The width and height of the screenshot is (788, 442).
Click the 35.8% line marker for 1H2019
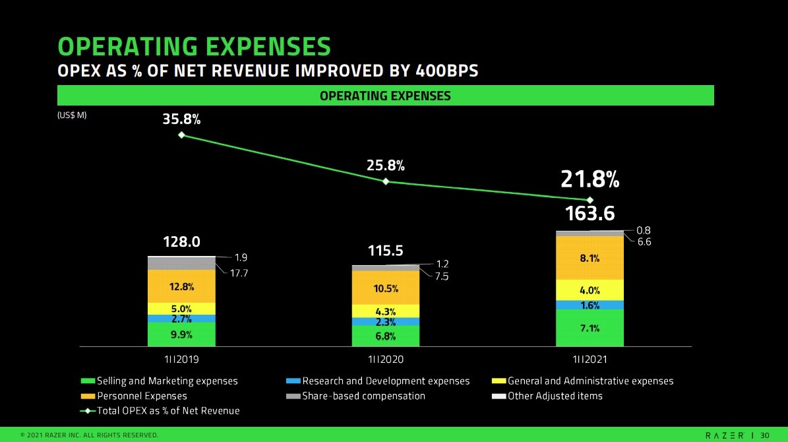click(x=181, y=135)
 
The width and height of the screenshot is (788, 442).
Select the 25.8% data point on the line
click(x=386, y=181)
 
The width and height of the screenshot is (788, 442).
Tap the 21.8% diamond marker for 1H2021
click(x=590, y=200)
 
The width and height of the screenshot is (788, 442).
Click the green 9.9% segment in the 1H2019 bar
click(x=181, y=334)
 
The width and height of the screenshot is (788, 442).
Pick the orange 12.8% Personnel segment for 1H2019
click(x=181, y=286)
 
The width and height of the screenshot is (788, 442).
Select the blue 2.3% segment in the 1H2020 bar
click(x=386, y=322)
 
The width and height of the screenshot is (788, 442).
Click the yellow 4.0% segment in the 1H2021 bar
click(x=590, y=290)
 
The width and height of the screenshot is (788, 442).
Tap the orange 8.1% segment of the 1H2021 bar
click(x=590, y=258)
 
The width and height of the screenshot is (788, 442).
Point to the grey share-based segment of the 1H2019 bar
click(x=181, y=263)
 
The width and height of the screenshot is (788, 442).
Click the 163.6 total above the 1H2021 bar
click(x=590, y=214)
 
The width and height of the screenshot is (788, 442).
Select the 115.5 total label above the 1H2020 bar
click(x=386, y=251)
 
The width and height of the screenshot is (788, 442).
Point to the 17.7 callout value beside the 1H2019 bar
click(x=238, y=272)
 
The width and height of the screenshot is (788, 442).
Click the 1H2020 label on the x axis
click(x=386, y=360)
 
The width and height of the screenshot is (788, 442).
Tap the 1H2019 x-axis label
click(x=181, y=360)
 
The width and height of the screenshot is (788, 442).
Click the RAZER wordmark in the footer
click(x=724, y=435)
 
